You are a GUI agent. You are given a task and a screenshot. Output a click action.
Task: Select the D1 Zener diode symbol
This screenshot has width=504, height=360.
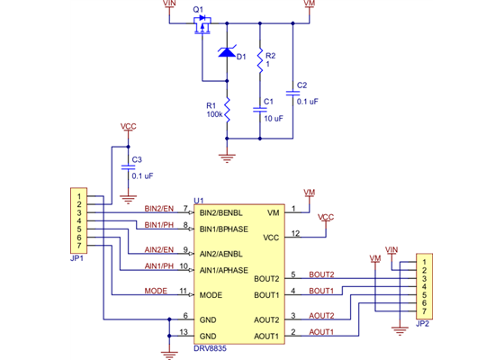tap(227, 54)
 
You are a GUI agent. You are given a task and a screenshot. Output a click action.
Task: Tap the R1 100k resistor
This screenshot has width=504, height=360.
tap(227, 111)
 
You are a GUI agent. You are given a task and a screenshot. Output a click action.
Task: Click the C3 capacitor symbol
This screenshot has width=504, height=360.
tap(125, 167)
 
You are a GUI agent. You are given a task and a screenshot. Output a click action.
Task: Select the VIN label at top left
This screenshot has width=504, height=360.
tap(170, 4)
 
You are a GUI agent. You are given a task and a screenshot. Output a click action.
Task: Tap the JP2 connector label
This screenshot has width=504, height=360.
tap(423, 322)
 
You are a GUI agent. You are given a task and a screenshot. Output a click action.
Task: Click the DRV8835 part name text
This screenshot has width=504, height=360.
tap(210, 346)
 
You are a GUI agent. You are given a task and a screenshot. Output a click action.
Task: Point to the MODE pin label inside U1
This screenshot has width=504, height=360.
tap(211, 294)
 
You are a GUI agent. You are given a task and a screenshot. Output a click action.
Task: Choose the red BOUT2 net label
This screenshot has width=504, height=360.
tap(321, 274)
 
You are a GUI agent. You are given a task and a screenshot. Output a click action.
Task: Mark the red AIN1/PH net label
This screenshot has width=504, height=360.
tap(159, 266)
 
